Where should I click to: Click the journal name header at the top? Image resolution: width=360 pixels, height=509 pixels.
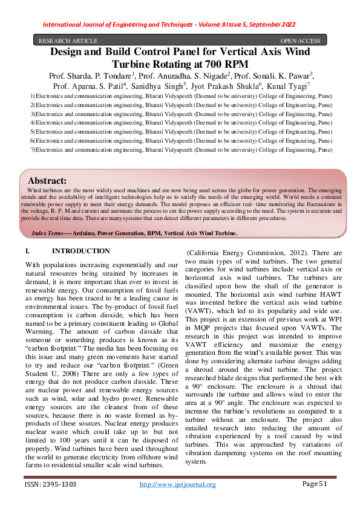169,24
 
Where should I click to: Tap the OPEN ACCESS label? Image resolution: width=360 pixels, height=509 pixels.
300,41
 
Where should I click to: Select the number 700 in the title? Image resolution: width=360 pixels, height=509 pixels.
214,64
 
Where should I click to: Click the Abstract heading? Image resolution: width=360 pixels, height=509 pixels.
47,180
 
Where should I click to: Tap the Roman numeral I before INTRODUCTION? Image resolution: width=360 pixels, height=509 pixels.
27,251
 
